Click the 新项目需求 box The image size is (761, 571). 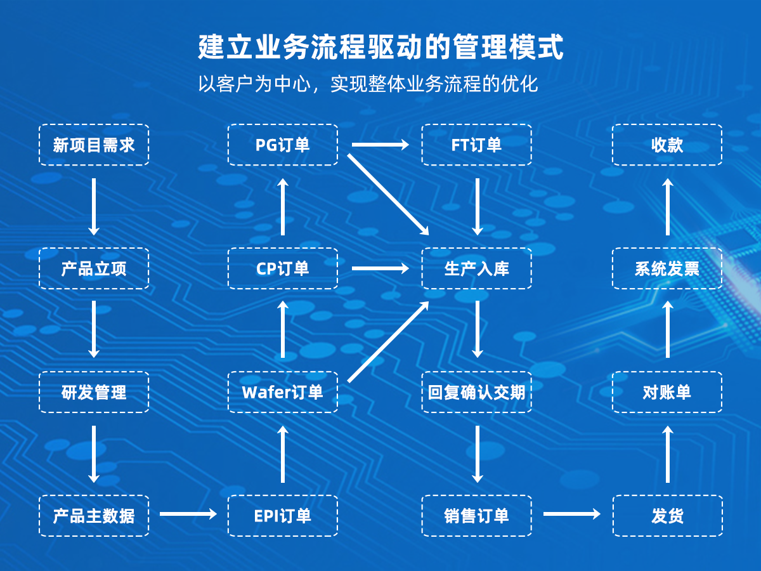tap(94, 145)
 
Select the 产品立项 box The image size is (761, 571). tap(94, 268)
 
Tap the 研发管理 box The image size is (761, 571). tap(94, 392)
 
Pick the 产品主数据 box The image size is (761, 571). tap(94, 515)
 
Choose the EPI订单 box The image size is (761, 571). tap(283, 515)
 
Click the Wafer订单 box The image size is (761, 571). tap(283, 392)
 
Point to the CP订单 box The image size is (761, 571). tap(283, 268)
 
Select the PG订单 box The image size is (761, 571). tap(283, 145)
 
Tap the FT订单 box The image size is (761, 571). tap(477, 145)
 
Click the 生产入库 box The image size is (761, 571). tap(477, 268)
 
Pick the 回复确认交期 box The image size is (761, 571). tap(477, 392)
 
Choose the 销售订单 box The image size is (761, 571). tap(477, 515)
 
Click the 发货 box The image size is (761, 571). tap(667, 515)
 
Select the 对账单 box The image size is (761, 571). tap(667, 392)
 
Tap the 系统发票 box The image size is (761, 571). tap(667, 268)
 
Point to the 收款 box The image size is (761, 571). tap(667, 145)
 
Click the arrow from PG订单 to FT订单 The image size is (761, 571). tap(380, 145)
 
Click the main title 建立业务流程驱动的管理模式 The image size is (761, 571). tap(380, 48)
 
